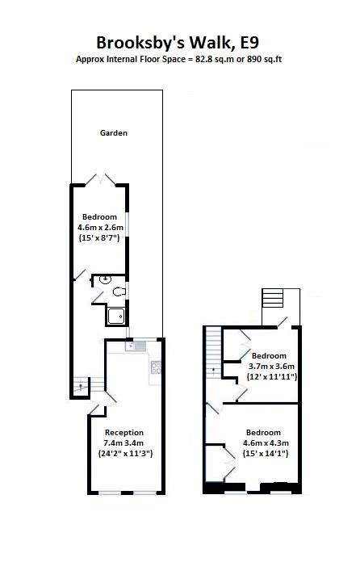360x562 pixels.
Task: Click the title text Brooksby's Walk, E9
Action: coord(179,42)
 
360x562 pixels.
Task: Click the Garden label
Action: coord(114,132)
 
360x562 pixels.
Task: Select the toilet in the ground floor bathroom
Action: coord(119,291)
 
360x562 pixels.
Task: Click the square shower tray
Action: coord(115,315)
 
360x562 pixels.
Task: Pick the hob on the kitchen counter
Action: coord(156,367)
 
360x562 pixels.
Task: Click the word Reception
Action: coord(123,432)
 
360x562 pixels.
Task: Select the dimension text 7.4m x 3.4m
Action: coord(123,442)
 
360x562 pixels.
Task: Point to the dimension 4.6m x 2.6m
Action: coord(98,228)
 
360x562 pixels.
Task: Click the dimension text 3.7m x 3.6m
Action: coord(269,367)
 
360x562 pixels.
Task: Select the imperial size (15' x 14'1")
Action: coord(266,453)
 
